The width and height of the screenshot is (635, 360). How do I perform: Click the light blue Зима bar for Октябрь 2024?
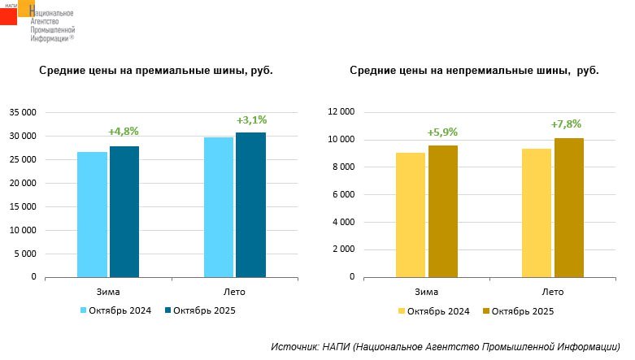pos(93,215)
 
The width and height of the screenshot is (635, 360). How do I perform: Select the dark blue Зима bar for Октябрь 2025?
pos(124,211)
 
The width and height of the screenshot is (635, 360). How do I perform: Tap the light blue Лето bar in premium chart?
pos(219,207)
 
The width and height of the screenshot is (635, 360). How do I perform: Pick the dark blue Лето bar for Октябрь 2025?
pos(250,205)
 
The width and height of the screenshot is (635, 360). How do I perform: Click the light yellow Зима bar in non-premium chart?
pos(411,215)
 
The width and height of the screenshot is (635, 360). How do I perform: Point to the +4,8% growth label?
pos(124,131)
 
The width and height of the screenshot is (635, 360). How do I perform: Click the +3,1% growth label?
pos(251,119)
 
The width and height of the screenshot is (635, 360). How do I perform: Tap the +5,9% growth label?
pos(443,132)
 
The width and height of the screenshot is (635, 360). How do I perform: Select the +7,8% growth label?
pos(567,124)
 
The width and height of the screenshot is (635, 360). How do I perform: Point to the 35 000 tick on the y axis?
pos(22,112)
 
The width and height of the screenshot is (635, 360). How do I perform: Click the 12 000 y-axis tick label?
pos(340,112)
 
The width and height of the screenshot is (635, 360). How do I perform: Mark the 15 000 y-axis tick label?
pos(22,206)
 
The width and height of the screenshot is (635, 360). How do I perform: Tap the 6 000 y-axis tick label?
pos(343,194)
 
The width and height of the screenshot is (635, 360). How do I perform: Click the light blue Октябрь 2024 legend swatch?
pos(83,310)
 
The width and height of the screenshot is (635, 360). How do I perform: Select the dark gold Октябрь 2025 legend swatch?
pos(486,310)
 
